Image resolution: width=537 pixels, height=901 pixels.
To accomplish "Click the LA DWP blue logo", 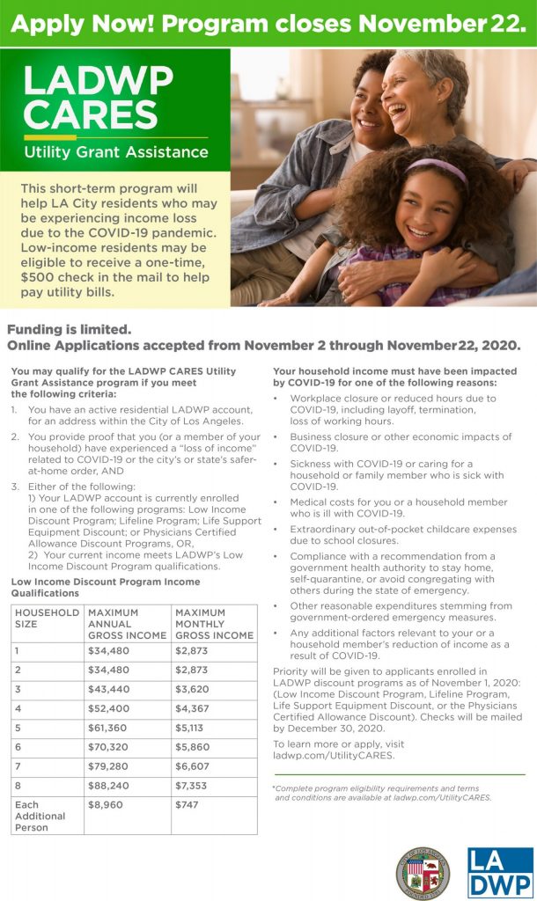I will (499, 872).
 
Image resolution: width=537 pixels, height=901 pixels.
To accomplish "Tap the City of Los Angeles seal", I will (423, 873).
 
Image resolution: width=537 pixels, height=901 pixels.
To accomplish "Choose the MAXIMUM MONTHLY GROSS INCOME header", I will (214, 623).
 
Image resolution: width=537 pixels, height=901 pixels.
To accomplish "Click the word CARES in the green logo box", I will (92, 114).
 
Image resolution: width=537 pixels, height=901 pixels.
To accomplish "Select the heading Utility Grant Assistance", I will (116, 152).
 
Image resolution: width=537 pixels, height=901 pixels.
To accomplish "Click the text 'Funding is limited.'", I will (69, 330).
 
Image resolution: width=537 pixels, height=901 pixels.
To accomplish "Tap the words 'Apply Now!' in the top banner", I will (82, 24).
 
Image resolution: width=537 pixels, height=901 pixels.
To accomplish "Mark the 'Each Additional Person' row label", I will (40, 816).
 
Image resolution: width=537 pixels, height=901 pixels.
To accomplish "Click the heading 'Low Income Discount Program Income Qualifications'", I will (105, 587).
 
